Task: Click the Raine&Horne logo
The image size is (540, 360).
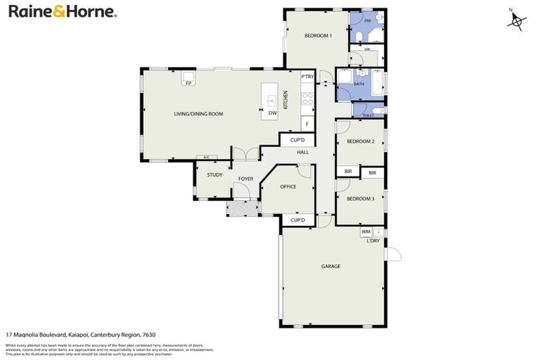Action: click(62, 12)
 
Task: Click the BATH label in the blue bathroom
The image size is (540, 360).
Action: click(359, 84)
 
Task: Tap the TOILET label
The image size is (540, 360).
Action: click(368, 114)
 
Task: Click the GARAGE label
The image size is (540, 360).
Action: click(330, 266)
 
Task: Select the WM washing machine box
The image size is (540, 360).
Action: click(366, 231)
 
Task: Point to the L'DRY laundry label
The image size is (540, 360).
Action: click(373, 240)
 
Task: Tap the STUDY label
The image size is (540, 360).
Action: click(214, 175)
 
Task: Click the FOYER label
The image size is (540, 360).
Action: click(245, 179)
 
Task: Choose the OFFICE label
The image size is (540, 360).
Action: click(288, 187)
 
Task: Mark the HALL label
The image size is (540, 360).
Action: click(302, 152)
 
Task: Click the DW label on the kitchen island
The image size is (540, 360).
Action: click(271, 112)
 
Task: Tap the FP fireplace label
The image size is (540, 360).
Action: click(188, 84)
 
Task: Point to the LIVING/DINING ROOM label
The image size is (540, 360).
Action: click(198, 114)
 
